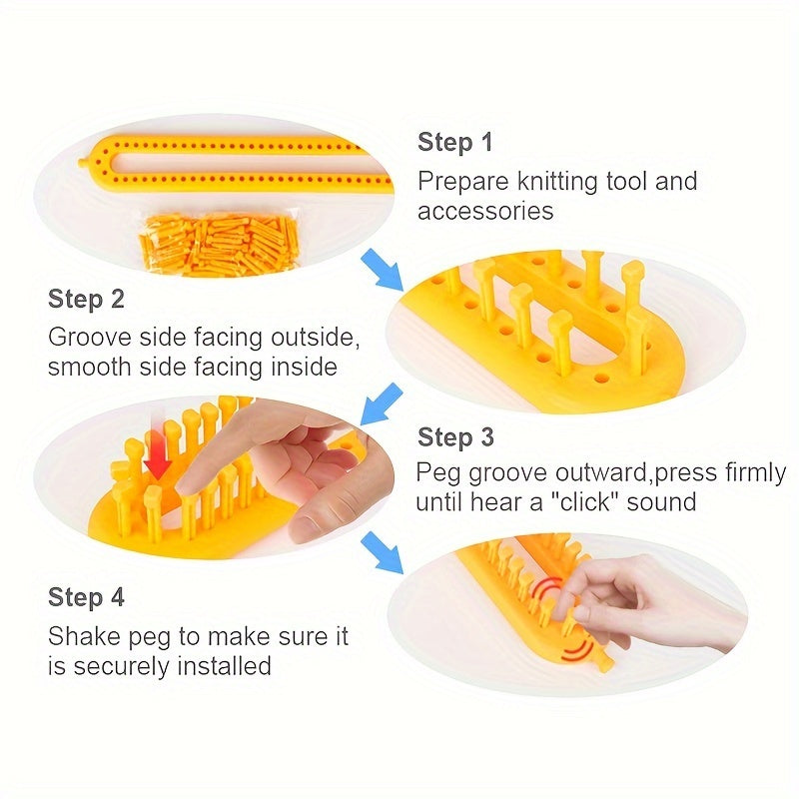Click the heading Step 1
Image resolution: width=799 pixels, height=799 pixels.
pyautogui.click(x=455, y=142)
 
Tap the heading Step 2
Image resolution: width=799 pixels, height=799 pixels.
pyautogui.click(x=86, y=299)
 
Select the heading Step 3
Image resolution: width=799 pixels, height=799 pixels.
pyautogui.click(x=455, y=437)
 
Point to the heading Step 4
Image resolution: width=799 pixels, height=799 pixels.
pyautogui.click(x=86, y=597)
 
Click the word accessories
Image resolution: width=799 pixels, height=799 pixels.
pyautogui.click(x=485, y=211)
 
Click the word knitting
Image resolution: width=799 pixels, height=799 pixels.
pyautogui.click(x=557, y=182)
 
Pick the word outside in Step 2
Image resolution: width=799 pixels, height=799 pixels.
pyautogui.click(x=315, y=338)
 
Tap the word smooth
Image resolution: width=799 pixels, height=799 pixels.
pyautogui.click(x=89, y=367)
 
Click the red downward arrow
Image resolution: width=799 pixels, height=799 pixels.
pyautogui.click(x=158, y=453)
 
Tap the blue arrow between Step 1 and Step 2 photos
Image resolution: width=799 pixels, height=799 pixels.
pyautogui.click(x=382, y=270)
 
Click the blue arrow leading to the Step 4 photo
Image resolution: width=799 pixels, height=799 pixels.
pyautogui.click(x=382, y=552)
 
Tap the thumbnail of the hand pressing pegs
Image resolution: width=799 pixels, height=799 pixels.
pyautogui.click(x=214, y=476)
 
